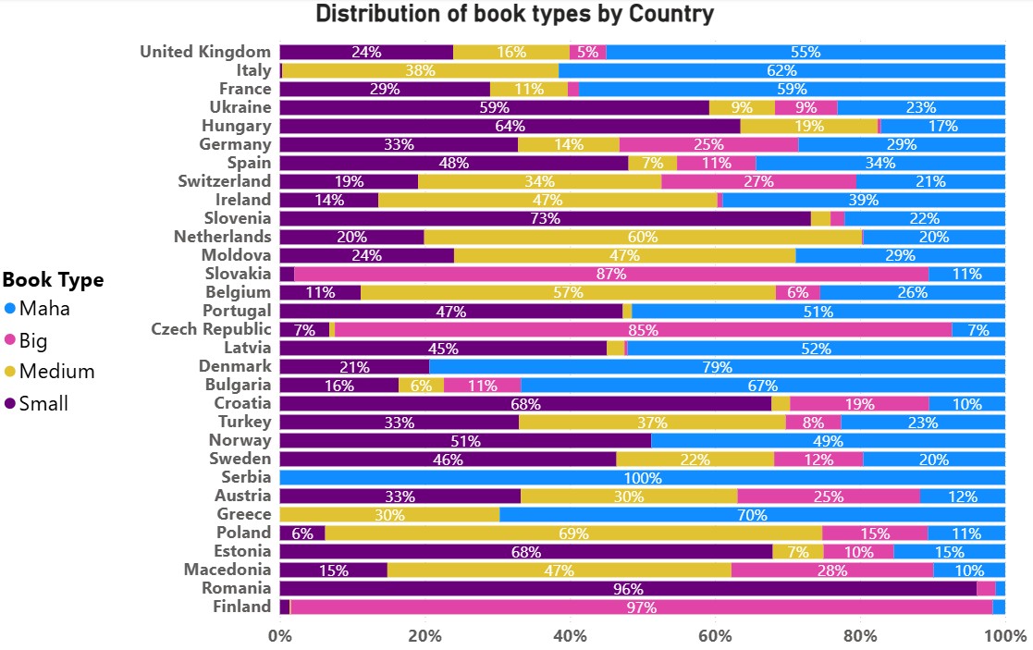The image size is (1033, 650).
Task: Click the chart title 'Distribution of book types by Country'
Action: click(515, 14)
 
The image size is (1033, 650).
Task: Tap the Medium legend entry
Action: click(56, 372)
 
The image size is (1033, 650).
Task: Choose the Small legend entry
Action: click(43, 403)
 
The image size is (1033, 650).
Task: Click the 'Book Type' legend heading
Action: click(54, 279)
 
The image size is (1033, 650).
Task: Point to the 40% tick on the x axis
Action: click(570, 636)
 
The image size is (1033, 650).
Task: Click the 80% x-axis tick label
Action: click(860, 636)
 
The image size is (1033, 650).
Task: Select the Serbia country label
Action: click(246, 477)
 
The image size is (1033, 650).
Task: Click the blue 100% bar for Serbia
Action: click(642, 477)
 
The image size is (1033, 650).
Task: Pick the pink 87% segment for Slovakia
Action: click(611, 274)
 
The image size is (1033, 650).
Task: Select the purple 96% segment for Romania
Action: click(628, 588)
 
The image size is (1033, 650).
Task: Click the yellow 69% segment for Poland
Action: click(573, 533)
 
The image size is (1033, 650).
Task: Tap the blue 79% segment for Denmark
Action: click(717, 366)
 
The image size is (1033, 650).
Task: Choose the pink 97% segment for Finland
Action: click(641, 607)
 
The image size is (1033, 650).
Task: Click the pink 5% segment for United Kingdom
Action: click(588, 52)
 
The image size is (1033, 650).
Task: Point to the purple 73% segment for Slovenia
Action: click(545, 218)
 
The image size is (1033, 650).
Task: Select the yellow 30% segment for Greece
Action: click(389, 514)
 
